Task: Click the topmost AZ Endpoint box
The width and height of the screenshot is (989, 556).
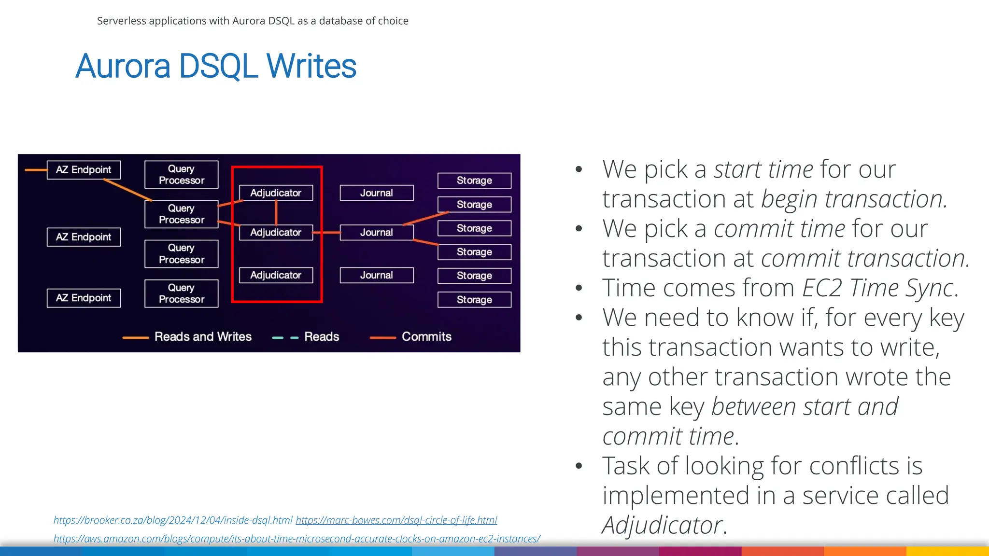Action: click(x=84, y=170)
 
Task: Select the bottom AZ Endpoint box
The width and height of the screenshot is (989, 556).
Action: click(x=84, y=298)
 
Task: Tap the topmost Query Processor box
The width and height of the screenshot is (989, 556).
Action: click(x=181, y=175)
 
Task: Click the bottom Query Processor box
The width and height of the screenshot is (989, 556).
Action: click(x=181, y=293)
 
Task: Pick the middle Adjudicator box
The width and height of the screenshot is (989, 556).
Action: click(x=276, y=233)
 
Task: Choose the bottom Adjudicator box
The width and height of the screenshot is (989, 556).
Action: click(x=276, y=275)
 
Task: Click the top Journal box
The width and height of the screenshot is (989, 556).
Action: click(x=376, y=193)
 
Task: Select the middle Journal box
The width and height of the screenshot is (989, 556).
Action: click(x=376, y=233)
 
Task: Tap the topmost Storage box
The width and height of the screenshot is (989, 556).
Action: click(x=474, y=181)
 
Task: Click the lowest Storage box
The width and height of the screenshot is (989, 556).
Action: click(x=474, y=300)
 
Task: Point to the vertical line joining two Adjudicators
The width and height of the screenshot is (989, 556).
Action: click(x=276, y=212)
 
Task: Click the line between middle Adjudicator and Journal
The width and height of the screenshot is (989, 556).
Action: click(x=326, y=233)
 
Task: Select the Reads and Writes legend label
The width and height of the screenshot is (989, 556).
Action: click(x=203, y=336)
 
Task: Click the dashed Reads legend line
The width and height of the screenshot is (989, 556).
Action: click(x=285, y=337)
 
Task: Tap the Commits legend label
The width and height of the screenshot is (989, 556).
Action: click(x=426, y=336)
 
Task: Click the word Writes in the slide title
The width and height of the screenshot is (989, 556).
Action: click(x=311, y=66)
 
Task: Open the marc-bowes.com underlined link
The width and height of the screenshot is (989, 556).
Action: click(x=396, y=520)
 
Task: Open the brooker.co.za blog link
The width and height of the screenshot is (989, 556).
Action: click(x=173, y=520)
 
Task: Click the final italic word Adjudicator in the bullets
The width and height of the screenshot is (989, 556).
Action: click(x=662, y=525)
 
